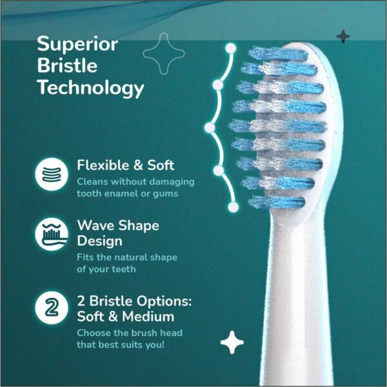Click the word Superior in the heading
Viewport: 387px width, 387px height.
tap(77, 44)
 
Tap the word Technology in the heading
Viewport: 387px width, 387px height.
tap(90, 89)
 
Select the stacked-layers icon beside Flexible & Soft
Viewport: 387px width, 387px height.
tap(52, 174)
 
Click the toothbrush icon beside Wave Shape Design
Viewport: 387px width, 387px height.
tap(52, 234)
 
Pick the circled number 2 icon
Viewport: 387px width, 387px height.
tap(52, 308)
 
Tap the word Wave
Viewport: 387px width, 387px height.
tap(95, 225)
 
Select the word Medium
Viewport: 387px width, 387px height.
tap(148, 317)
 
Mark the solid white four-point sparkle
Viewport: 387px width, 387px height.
tap(232, 342)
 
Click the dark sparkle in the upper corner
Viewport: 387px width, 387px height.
tap(343, 37)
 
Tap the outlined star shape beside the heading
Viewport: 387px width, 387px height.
tap(164, 54)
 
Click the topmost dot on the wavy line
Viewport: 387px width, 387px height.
tap(231, 48)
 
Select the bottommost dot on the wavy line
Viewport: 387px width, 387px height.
tap(233, 207)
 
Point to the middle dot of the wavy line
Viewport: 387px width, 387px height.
tap(210, 128)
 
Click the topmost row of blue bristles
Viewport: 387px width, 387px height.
tap(277, 54)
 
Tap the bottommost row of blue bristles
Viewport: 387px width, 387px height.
tap(277, 202)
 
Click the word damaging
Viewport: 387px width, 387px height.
tap(172, 182)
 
